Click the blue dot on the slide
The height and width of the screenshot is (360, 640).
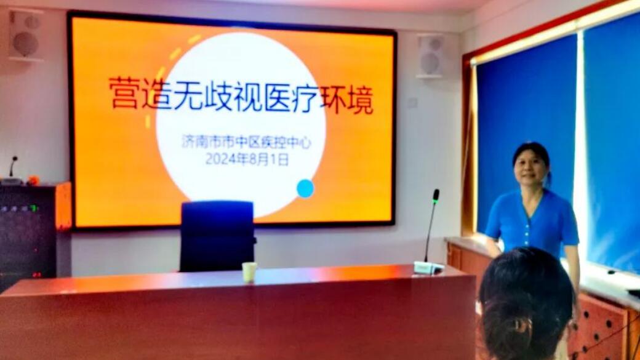tap(305, 188)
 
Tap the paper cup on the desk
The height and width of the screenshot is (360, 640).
tap(249, 272)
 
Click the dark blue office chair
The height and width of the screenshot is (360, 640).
tap(217, 236)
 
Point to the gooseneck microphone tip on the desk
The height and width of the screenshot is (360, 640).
tap(436, 196)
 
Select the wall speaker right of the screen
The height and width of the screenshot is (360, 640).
tap(430, 57)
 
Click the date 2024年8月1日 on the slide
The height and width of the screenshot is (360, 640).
tap(247, 159)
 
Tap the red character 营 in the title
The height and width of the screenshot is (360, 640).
tap(124, 94)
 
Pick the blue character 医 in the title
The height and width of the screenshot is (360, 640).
tap(277, 98)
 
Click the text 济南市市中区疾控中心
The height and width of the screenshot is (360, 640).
tap(246, 142)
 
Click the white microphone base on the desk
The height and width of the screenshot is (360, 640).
tap(428, 267)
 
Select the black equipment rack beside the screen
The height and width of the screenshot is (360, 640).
tap(28, 233)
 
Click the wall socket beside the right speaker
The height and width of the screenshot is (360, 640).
tap(413, 102)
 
